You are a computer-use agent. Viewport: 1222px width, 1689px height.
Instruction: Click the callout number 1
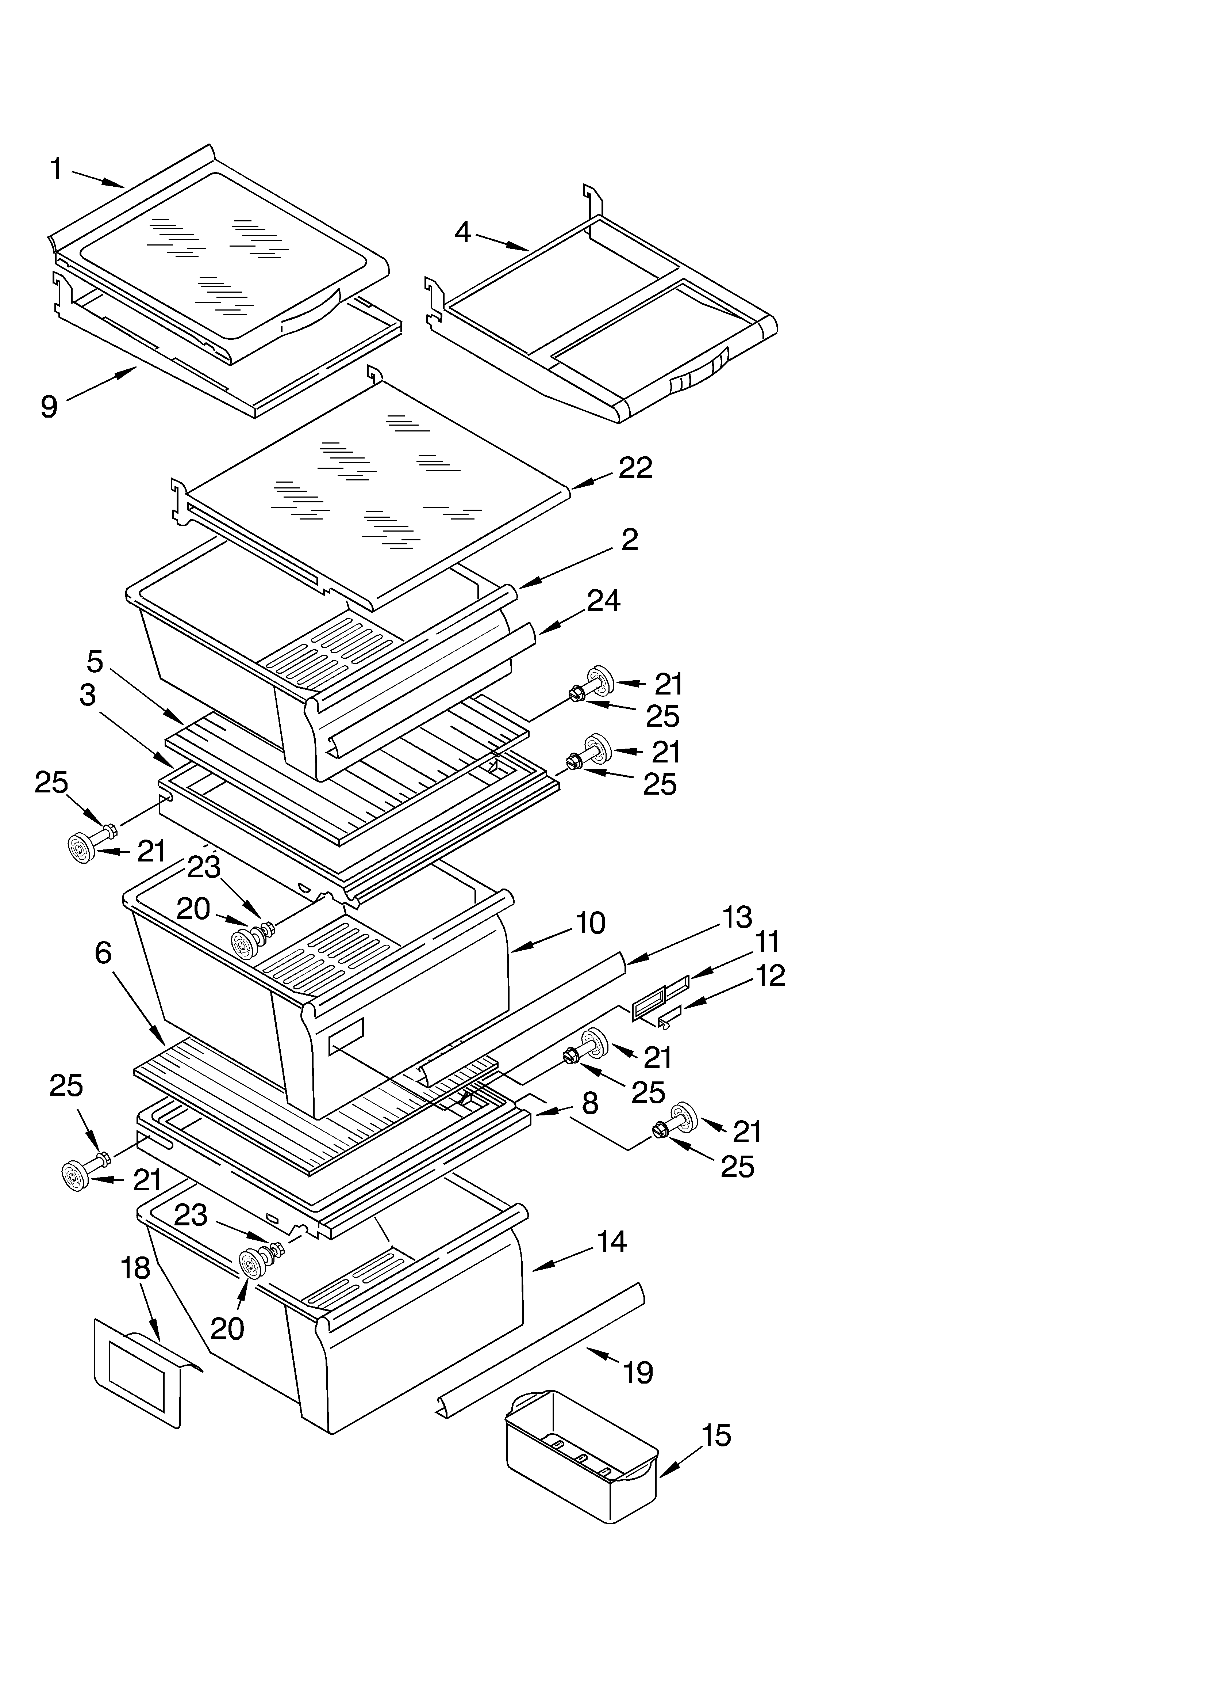[x=56, y=170]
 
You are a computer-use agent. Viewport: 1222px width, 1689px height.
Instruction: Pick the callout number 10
[x=590, y=924]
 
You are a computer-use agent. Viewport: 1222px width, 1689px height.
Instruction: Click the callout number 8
[x=589, y=1104]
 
